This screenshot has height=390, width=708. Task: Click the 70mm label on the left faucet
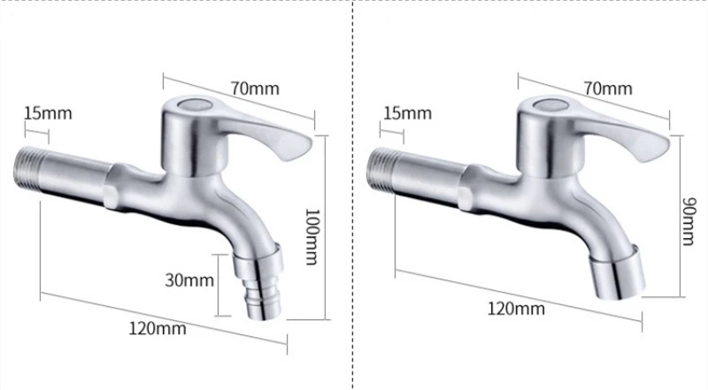255,88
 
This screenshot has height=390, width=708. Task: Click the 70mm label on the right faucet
608,88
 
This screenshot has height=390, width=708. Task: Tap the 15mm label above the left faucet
48,113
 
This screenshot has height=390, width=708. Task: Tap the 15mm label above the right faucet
407,113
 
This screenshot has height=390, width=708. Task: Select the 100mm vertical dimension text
312,236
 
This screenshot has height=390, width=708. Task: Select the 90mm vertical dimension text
688,221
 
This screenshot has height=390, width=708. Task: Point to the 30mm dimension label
189,280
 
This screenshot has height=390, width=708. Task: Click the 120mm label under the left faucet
158,328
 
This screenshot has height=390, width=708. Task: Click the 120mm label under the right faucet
516,309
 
